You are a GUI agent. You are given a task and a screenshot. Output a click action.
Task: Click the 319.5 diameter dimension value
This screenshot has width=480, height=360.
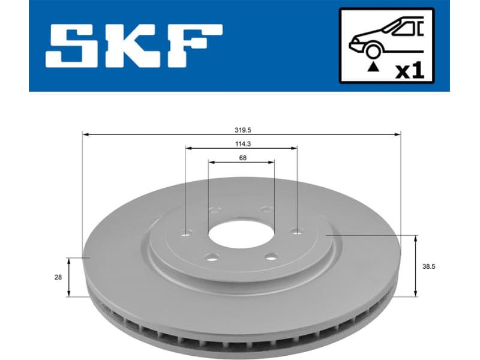(242, 128)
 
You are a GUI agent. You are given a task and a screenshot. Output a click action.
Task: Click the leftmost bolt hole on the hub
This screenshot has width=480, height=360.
(187, 232)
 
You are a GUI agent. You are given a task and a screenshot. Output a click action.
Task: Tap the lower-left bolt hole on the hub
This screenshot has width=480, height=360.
(210, 258)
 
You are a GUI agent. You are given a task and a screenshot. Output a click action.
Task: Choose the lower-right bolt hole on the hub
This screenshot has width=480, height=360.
(271, 257)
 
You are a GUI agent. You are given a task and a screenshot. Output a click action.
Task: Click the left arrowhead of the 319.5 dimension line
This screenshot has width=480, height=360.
(85, 135)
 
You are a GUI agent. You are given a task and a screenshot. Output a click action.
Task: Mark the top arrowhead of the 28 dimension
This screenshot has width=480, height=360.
(70, 260)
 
